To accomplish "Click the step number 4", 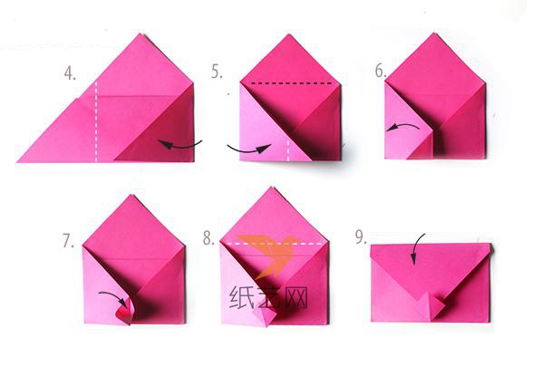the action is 70,73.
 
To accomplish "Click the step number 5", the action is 217,72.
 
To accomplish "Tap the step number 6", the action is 381,71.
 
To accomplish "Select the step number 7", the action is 68,241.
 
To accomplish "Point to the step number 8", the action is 208,237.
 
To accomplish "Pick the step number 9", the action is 361,237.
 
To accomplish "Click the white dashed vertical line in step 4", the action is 96,121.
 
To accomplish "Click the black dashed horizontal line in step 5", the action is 291,83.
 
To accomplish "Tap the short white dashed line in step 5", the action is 288,150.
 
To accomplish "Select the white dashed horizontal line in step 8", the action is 276,244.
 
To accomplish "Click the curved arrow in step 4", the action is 179,146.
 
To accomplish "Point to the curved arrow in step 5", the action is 249,150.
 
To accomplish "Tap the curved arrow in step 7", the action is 114,295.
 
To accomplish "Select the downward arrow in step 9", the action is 416,247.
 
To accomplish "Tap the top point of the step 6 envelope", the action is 434,33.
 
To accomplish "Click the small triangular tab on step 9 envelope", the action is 430,307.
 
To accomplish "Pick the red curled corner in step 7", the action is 125,311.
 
